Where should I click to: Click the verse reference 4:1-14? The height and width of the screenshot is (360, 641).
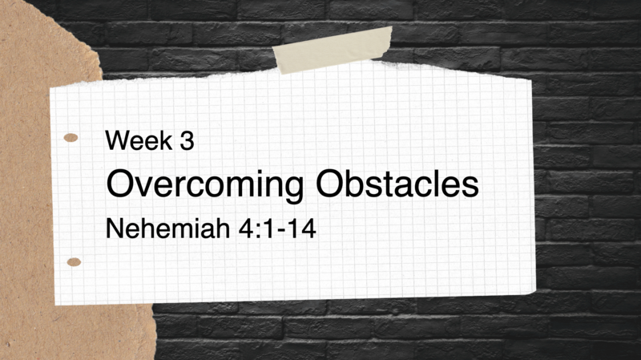[x=271, y=229]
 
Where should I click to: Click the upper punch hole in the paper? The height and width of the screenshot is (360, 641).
[x=71, y=138]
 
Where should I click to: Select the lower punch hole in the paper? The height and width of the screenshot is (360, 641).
[x=75, y=261]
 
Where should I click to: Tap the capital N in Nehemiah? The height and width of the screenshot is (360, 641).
[x=115, y=229]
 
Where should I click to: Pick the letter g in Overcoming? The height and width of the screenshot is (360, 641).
[x=294, y=189]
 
